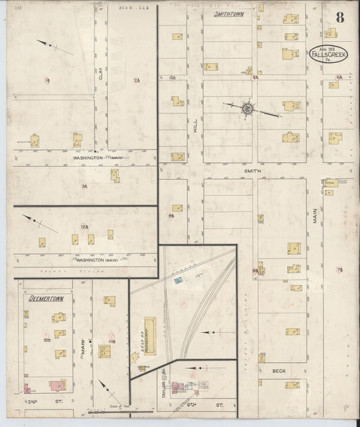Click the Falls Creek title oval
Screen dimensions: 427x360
[329, 54]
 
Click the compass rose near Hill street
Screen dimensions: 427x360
[247, 107]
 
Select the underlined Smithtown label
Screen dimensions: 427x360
[229, 14]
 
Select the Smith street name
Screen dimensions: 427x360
[252, 172]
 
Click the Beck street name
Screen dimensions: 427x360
[279, 371]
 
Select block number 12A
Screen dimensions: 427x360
[84, 226]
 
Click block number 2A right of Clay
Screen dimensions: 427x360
[137, 81]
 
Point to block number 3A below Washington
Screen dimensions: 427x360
[84, 185]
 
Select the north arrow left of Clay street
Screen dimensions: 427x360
[55, 46]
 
